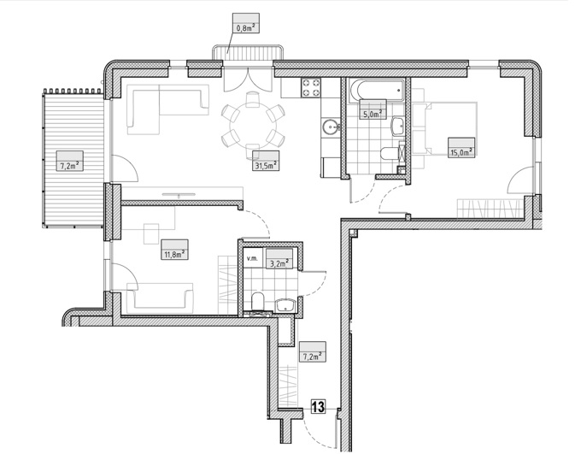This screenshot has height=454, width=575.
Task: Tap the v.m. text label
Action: click(252, 258)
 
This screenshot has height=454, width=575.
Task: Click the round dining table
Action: click(253, 125)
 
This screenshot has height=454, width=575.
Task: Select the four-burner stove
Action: click(311, 88)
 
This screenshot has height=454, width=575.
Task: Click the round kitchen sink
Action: click(332, 127)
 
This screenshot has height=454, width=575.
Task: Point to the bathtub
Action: click(377, 91)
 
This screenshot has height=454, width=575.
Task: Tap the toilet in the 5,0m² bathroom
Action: click(390, 153)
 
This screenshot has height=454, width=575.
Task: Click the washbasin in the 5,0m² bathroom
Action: click(398, 127)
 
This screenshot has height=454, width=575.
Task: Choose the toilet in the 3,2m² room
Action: click(258, 302)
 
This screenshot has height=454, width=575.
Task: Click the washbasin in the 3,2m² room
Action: click(285, 305)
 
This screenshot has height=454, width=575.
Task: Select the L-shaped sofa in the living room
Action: click(167, 109)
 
